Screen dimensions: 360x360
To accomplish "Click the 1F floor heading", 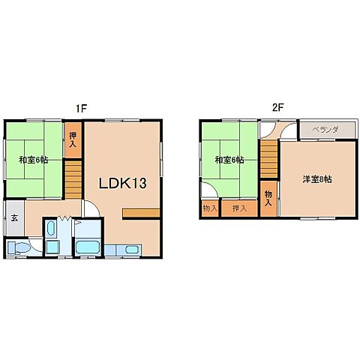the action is (81, 109).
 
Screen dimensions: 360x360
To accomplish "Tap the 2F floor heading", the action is (278, 108).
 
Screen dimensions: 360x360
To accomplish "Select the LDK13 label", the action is (123, 183).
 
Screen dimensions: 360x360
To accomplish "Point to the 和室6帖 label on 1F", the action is (34, 160).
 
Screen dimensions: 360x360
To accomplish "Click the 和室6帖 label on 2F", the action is (229, 160).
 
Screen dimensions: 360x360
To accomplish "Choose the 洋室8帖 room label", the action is (317, 179).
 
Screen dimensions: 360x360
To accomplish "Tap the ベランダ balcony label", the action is (325, 130).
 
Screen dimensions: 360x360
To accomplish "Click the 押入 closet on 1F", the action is (73, 139).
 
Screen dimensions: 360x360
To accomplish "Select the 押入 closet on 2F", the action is (239, 208).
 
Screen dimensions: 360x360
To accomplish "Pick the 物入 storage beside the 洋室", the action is (268, 198).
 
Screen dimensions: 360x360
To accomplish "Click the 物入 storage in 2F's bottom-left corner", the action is (210, 208).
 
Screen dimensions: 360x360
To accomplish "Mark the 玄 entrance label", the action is (14, 218).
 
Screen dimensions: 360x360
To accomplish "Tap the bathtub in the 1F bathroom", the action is (87, 247).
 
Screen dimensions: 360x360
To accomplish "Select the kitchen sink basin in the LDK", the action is (132, 250).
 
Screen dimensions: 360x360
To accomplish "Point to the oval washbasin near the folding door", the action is (51, 228).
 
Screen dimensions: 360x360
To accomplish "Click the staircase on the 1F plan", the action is (73, 180).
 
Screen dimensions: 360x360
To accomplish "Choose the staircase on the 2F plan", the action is (269, 158).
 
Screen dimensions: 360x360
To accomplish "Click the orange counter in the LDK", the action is (141, 213).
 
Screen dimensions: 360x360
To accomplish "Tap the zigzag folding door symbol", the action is (64, 218).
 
